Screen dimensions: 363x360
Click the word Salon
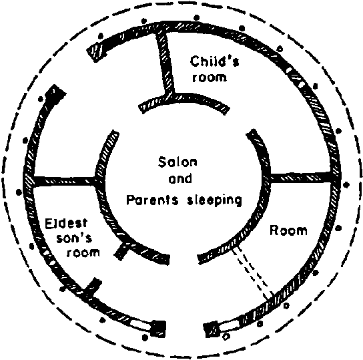177,162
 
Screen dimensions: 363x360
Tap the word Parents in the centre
153,200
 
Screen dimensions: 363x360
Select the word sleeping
214,200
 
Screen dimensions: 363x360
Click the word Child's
214,61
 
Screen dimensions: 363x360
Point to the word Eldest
66,224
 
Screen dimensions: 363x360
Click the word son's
74,238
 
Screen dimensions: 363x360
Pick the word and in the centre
180,179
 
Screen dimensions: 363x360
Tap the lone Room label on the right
289,230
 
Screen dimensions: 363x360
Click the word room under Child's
210,77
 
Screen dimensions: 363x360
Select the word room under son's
83,252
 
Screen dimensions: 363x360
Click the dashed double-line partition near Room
254,273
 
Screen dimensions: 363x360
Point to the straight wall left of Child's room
165,63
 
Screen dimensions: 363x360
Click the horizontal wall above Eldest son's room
64,181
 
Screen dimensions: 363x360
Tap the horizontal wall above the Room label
300,178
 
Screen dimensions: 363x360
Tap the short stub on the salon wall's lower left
123,251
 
